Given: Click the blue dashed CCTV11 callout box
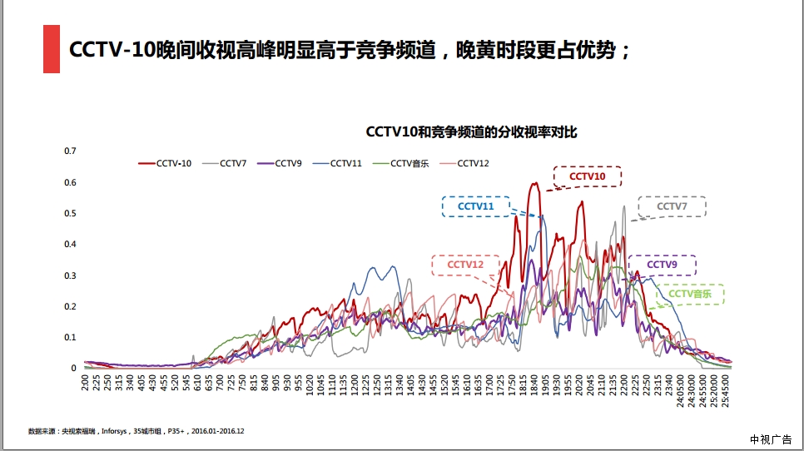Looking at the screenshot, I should coord(475,206).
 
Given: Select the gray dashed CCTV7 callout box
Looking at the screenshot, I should coord(672,206).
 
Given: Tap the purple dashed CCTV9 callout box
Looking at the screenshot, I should coord(662,265).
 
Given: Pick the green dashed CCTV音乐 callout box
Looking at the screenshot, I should coord(690,294).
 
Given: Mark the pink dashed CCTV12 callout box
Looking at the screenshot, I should coord(465,265).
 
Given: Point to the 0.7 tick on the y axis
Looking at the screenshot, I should coord(70,151).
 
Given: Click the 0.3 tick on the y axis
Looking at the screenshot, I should coord(70,275).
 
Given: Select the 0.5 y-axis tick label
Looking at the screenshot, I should coord(70,213).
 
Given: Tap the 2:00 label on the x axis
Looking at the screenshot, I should coord(86,383).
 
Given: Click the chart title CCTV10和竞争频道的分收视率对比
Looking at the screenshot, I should coord(471,131).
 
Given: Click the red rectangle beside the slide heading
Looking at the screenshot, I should coord(52,49).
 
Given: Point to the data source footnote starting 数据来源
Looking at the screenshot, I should coord(136,431).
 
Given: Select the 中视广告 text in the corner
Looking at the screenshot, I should coord(770,439).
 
